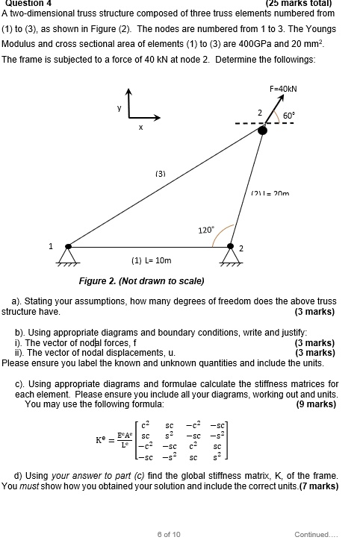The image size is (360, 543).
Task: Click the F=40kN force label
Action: [284, 88]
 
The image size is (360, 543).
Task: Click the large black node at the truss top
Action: [262, 131]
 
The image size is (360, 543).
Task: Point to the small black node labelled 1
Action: [69, 245]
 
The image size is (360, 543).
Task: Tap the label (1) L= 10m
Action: [152, 261]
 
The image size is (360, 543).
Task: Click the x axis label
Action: [140, 128]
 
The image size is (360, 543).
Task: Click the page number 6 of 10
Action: [169, 533]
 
